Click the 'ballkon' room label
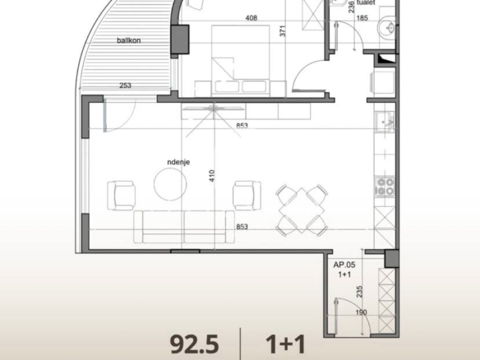coord(128,40)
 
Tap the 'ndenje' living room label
coord(178,162)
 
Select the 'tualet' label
coord(366,2)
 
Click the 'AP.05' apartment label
coord(344,265)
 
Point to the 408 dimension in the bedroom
coord(252,18)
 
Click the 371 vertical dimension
coord(283,31)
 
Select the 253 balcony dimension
coord(125,85)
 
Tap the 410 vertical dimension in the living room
coord(212,176)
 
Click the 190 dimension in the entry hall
coord(361,312)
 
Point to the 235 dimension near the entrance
coord(359,292)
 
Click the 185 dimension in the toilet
coord(362,18)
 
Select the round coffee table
coord(170,185)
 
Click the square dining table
coord(302,210)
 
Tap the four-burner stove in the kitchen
coord(385,187)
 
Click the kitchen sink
coord(385,122)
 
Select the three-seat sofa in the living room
coord(184,227)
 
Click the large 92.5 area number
coord(195,344)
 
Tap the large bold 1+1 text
coord(286,344)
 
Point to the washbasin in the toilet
coord(387,28)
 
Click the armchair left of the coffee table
coord(121,196)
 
